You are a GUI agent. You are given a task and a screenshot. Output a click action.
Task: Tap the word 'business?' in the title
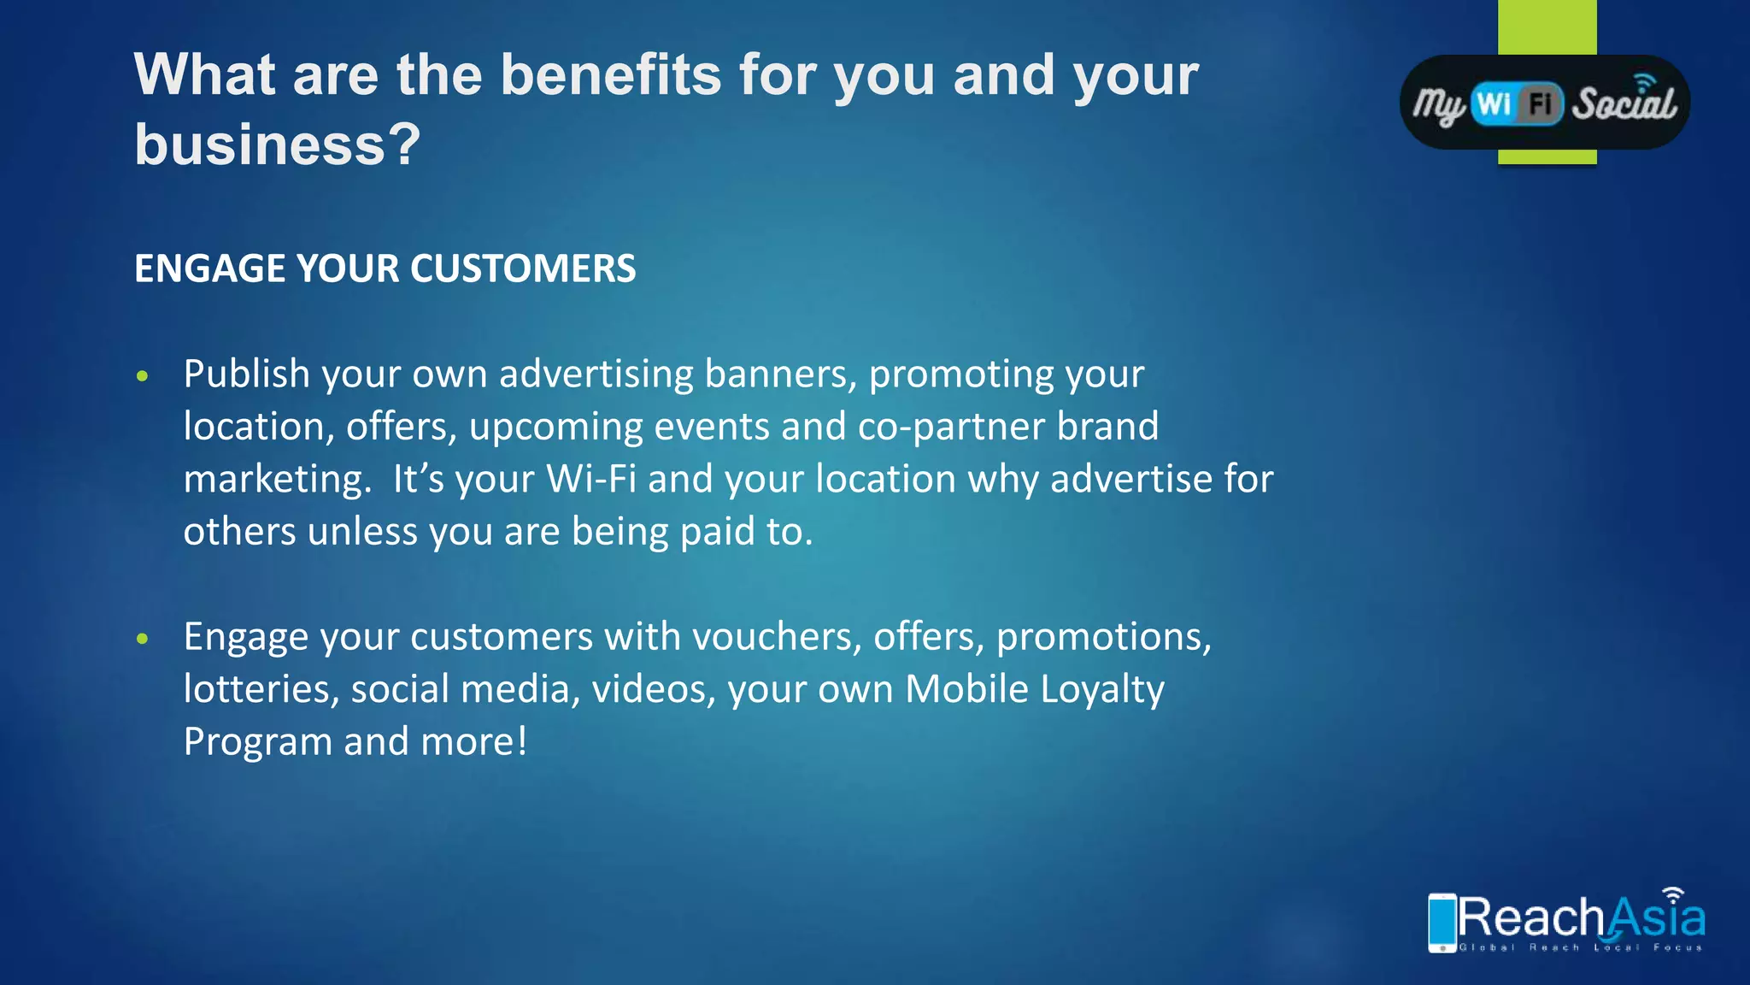[x=278, y=145]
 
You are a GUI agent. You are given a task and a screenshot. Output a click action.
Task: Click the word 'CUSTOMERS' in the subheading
[x=523, y=268]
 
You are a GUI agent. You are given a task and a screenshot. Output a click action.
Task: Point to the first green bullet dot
[x=143, y=376]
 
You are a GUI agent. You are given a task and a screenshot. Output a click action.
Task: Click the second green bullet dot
[x=143, y=639]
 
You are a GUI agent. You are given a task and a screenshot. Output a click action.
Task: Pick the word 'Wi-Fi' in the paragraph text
[x=591, y=479]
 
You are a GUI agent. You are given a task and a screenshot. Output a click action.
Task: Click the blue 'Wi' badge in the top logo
[x=1494, y=104]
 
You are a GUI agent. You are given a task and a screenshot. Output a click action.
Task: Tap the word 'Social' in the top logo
[x=1624, y=104]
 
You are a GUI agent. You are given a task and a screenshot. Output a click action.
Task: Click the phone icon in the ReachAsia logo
[x=1442, y=922]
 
